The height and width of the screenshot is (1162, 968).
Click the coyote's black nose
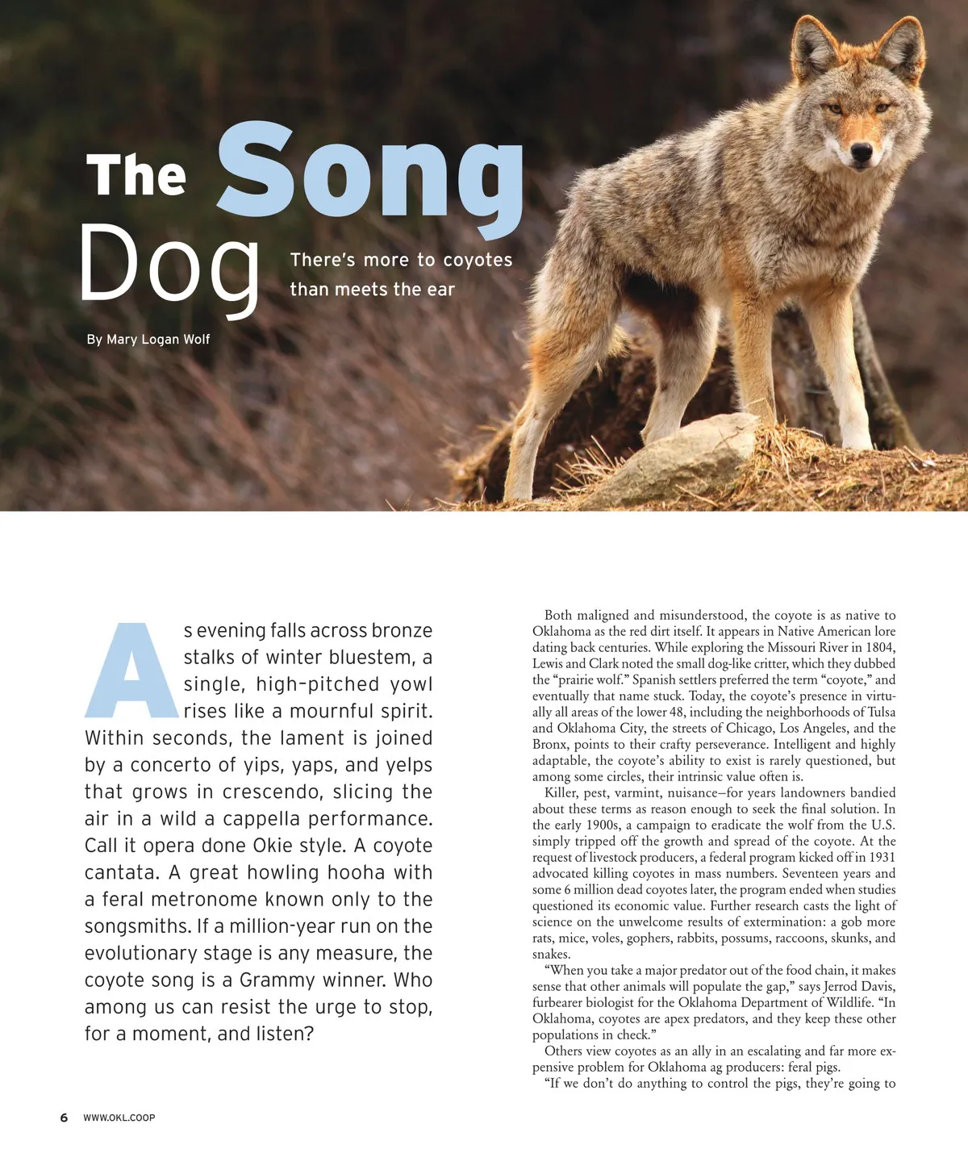tap(862, 152)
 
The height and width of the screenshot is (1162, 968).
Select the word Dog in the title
tap(169, 266)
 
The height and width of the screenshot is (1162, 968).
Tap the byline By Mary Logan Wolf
tap(148, 339)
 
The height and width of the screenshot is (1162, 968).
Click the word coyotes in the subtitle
tap(478, 260)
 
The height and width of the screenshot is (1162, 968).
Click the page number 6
tap(64, 1118)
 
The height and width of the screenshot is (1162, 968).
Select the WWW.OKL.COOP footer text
tap(119, 1118)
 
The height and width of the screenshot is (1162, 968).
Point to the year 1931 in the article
tap(880, 857)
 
